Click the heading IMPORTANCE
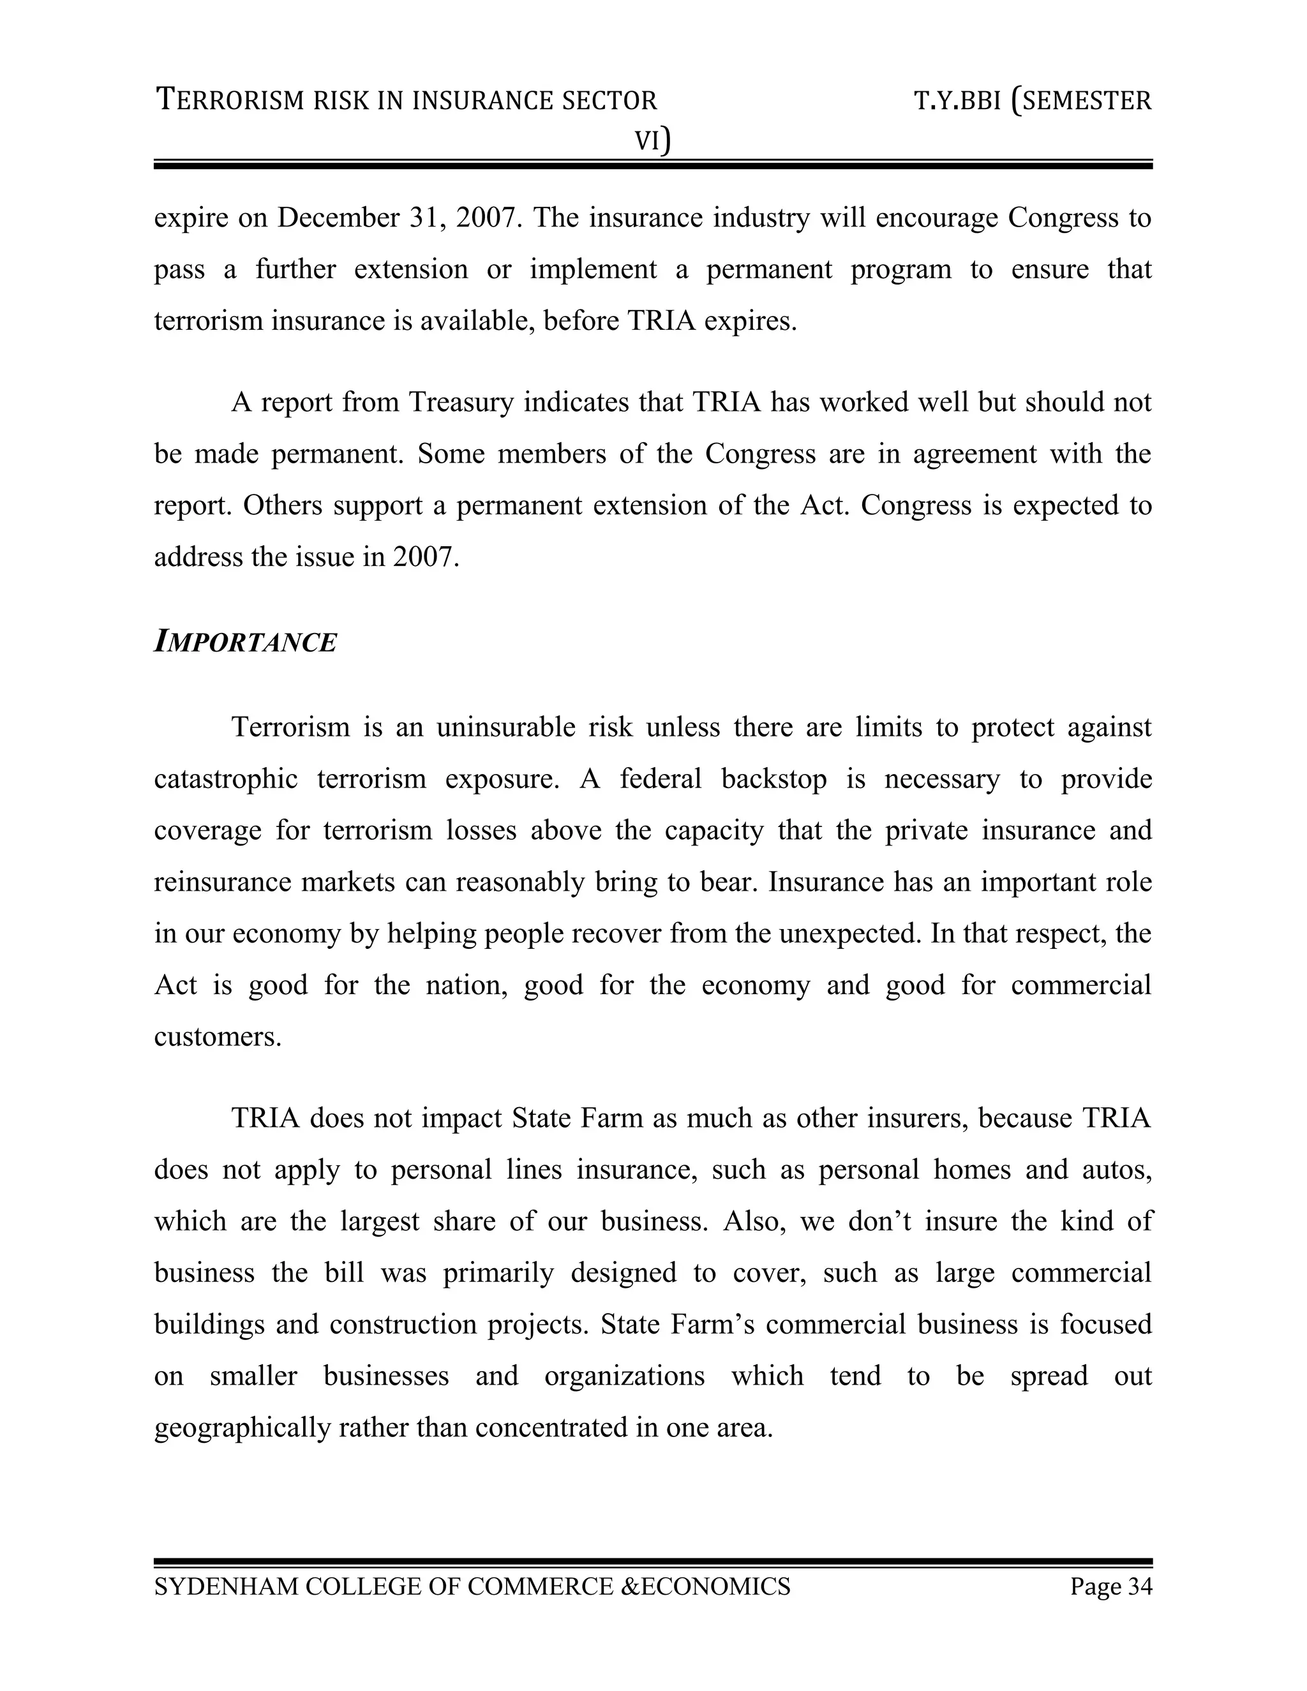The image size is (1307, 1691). [x=246, y=643]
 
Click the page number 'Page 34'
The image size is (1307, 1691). [x=1111, y=1586]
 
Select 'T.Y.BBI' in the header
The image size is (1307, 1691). [x=958, y=101]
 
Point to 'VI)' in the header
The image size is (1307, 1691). [x=653, y=141]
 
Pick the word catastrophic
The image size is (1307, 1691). [x=225, y=779]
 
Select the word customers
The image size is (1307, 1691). [x=217, y=1037]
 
